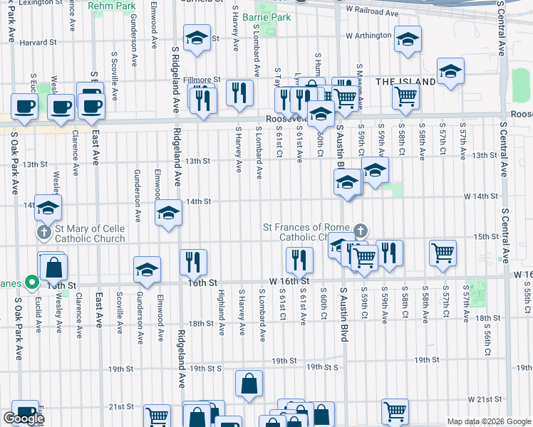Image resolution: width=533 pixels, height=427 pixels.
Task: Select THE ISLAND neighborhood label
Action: (x=405, y=82)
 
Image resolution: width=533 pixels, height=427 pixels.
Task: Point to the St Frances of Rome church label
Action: (x=306, y=232)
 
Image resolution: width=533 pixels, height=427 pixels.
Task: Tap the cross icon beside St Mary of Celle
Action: (x=43, y=233)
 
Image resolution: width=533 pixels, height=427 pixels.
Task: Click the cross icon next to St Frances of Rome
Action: (x=361, y=231)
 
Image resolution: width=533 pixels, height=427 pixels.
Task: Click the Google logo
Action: (x=24, y=418)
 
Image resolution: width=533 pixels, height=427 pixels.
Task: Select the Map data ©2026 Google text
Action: (x=488, y=421)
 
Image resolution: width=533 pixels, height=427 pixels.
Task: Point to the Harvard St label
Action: (x=38, y=43)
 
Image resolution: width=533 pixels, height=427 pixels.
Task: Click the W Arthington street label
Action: (x=368, y=36)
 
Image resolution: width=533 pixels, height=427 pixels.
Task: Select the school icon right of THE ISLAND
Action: (x=451, y=72)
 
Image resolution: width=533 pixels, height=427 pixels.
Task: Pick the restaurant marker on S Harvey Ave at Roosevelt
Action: (x=239, y=92)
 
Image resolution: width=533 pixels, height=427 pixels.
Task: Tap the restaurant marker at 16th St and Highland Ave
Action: (x=194, y=261)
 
